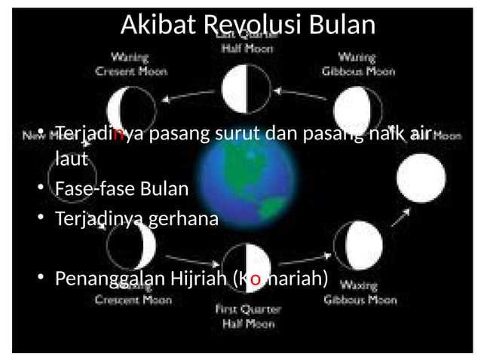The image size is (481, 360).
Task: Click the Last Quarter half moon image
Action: (x=246, y=90)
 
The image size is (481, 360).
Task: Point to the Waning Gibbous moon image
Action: (x=357, y=108)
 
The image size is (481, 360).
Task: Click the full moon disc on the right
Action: (x=421, y=178)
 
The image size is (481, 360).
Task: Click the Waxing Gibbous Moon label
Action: (x=360, y=293)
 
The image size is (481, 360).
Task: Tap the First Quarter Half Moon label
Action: (x=248, y=316)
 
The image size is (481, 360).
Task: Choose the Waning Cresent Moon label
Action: (x=130, y=65)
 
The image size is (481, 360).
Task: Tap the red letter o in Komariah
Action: (x=255, y=279)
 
